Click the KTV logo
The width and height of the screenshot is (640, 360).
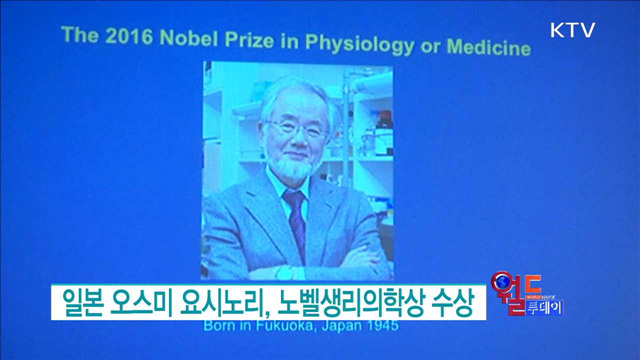(x=572, y=30)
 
